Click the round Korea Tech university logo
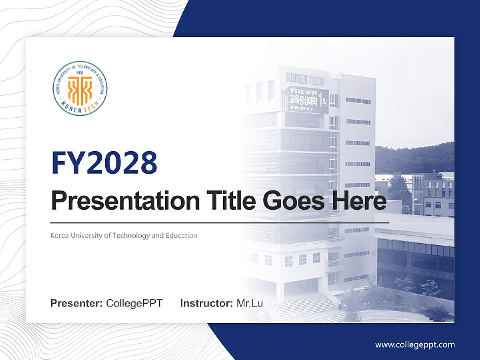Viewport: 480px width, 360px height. coord(80,88)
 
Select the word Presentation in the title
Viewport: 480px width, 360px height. coord(125,202)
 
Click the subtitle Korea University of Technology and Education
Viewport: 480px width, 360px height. coord(124,235)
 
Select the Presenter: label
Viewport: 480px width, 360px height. coord(77,303)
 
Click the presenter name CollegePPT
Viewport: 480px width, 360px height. coord(134,303)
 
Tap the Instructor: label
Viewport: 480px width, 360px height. coord(206,303)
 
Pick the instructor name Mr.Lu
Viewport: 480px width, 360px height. coord(250,303)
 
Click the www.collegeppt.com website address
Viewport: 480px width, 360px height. coord(415,344)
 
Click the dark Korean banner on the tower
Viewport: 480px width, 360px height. coord(305,100)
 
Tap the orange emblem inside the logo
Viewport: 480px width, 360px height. coord(80,89)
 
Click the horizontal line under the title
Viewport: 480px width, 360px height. coord(220,222)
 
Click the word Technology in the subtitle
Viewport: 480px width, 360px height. coord(129,235)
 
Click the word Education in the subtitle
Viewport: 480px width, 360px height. coord(181,235)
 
